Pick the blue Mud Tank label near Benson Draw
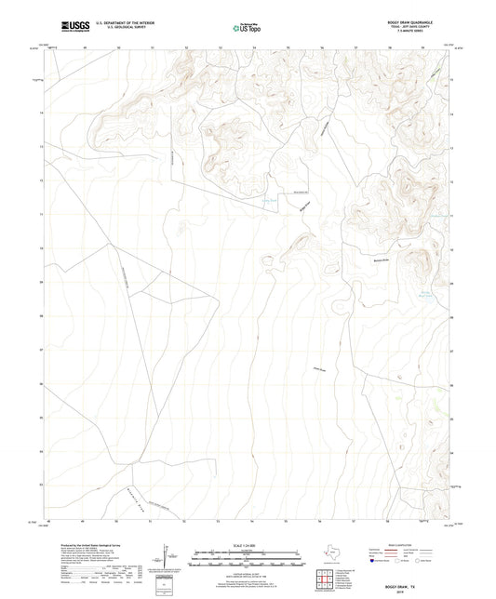point(427,296)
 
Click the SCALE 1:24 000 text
point(248,545)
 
